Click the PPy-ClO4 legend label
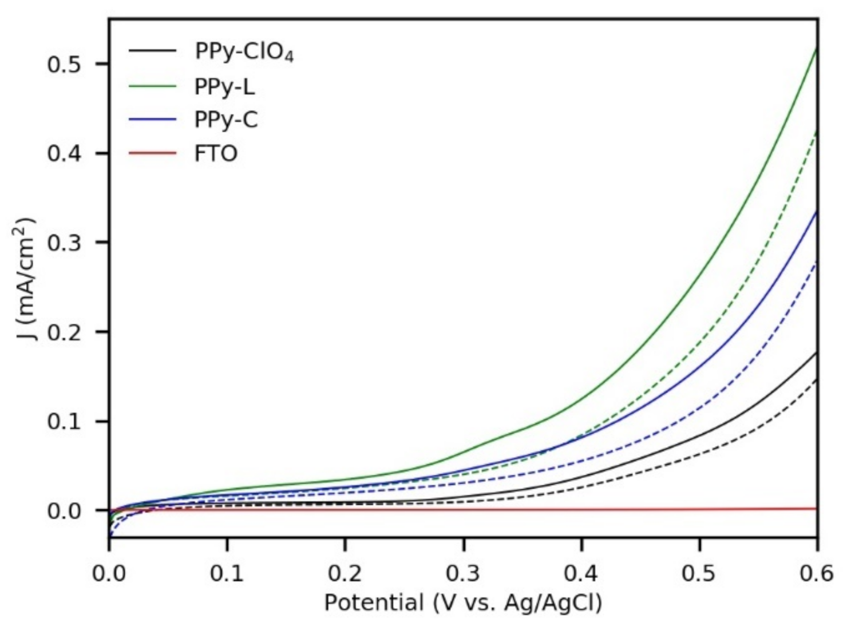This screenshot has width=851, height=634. (244, 52)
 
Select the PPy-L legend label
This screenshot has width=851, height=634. (224, 86)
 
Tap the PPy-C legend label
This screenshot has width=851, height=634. (226, 120)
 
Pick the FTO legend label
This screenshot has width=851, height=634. (216, 153)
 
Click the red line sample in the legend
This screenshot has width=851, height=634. (152, 153)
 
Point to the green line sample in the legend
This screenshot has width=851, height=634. (152, 86)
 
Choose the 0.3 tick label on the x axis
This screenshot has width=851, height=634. (463, 573)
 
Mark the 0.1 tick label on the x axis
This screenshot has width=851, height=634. (227, 573)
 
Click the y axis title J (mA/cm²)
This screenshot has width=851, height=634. (26, 279)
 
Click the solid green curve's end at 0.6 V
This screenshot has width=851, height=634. (816, 49)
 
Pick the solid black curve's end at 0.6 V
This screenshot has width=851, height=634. (816, 353)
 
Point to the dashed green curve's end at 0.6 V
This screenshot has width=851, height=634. (816, 131)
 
